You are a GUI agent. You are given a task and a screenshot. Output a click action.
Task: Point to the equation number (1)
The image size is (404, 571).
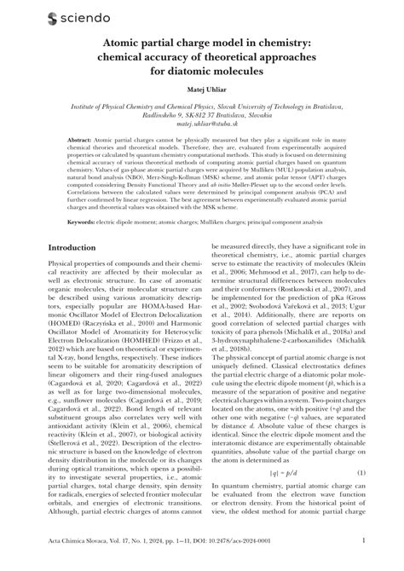361,449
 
